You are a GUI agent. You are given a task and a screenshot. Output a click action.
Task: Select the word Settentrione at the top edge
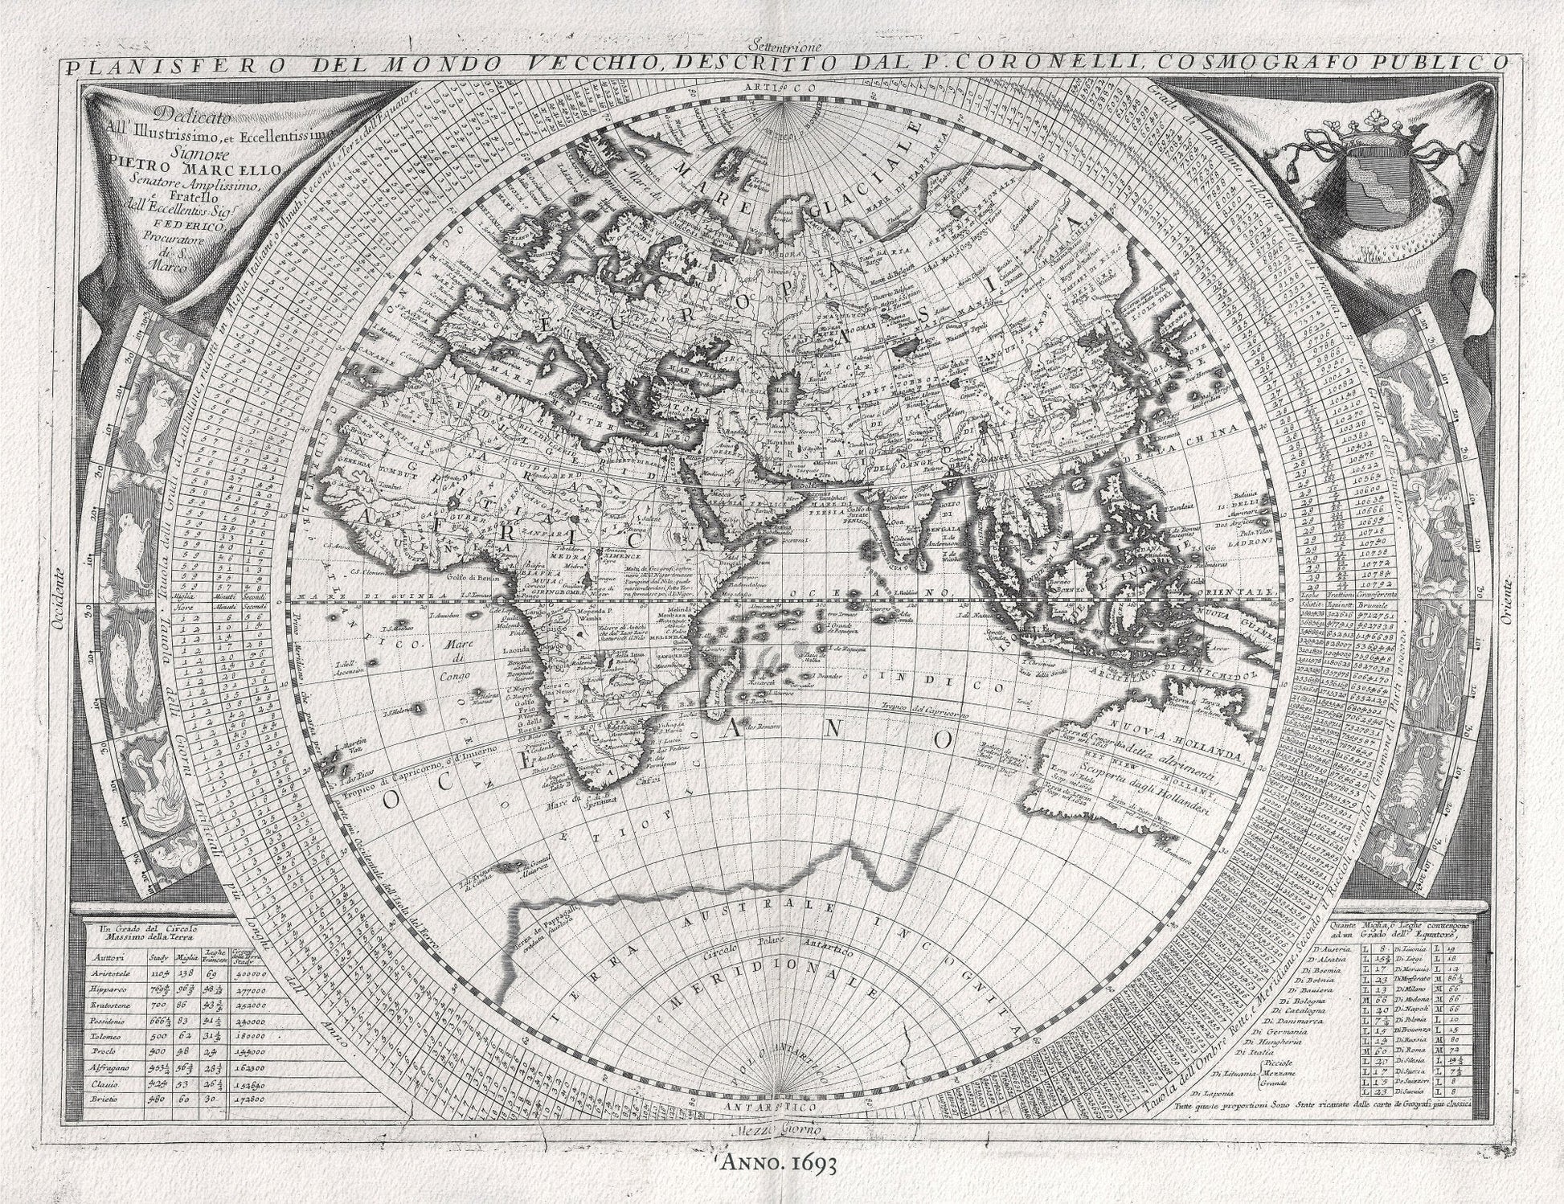(x=781, y=44)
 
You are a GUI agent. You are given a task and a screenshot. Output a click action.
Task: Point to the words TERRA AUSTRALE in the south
(x=707, y=924)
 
